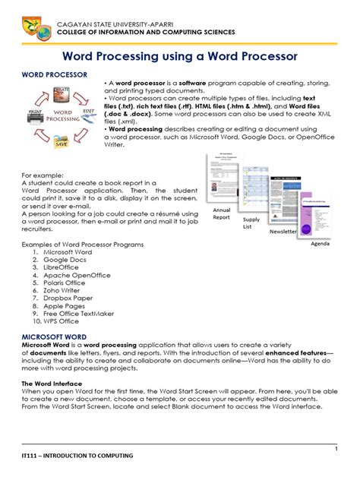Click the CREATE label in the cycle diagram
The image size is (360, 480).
click(62, 91)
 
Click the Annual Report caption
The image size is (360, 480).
click(222, 213)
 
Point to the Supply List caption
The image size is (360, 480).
click(251, 223)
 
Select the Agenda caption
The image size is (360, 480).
click(319, 247)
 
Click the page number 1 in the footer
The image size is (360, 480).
click(335, 450)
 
